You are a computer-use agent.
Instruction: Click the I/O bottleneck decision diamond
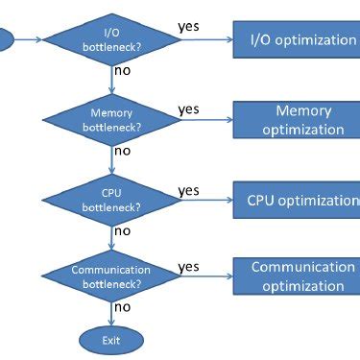(x=111, y=39)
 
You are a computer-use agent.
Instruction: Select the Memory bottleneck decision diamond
(x=111, y=120)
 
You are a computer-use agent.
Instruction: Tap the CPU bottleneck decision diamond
(x=111, y=200)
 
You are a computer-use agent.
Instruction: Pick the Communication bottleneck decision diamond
(x=111, y=277)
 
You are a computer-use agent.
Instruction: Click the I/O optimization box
(x=296, y=39)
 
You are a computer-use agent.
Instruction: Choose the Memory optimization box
(x=296, y=120)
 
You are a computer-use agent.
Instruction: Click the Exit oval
(x=111, y=339)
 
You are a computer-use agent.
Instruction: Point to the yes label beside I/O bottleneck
(x=189, y=26)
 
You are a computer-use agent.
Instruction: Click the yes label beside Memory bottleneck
(x=189, y=108)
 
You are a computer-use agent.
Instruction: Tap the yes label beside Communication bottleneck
(x=189, y=266)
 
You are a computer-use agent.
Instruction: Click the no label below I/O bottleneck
(x=123, y=71)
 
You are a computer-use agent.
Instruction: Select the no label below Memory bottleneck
(x=123, y=151)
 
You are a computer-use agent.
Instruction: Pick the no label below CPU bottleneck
(x=123, y=230)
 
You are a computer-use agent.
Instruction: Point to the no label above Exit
(x=123, y=307)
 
